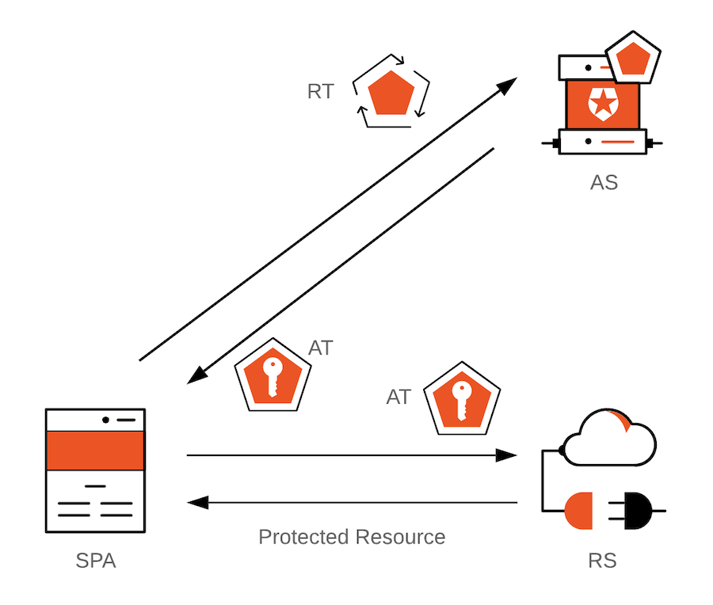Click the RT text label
pyautogui.click(x=320, y=92)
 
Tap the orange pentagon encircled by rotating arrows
pyautogui.click(x=391, y=92)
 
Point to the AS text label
pyautogui.click(x=604, y=183)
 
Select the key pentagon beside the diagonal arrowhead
pyautogui.click(x=273, y=377)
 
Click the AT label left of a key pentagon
pyautogui.click(x=398, y=397)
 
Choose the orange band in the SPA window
pyautogui.click(x=95, y=451)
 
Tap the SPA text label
pyautogui.click(x=96, y=561)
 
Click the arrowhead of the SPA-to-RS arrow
pyautogui.click(x=507, y=455)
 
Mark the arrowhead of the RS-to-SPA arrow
pyautogui.click(x=197, y=502)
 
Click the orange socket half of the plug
pyautogui.click(x=580, y=510)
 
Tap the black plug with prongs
pyautogui.click(x=639, y=510)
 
